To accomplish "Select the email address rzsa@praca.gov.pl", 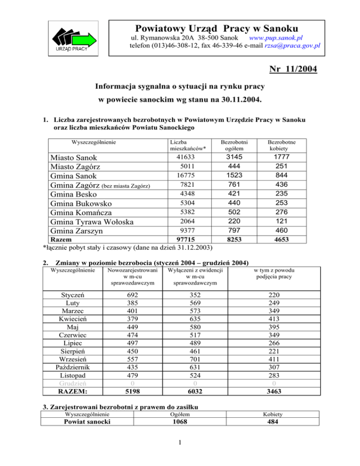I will [x=291, y=45].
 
